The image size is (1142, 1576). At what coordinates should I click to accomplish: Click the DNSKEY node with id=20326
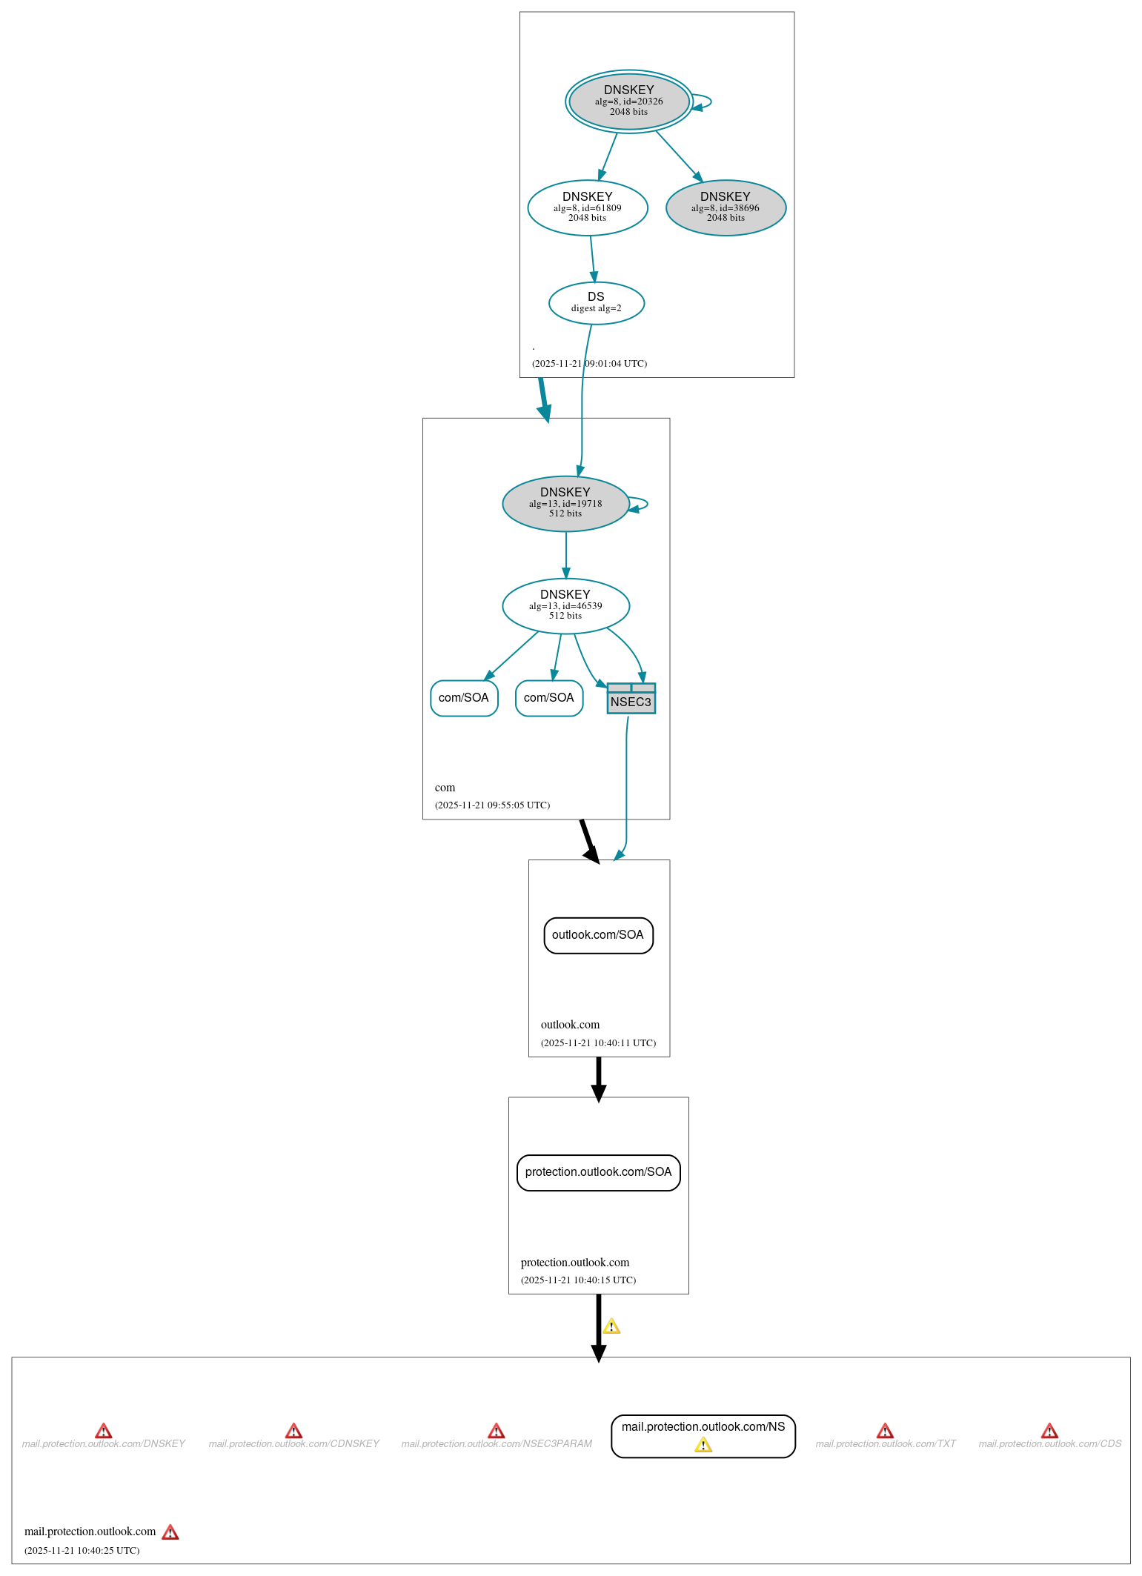coord(628,102)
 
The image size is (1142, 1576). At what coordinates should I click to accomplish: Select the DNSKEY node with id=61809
coord(587,207)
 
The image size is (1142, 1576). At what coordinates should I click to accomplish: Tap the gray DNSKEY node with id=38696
coord(726,207)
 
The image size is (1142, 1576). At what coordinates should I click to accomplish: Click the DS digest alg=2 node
coord(596,302)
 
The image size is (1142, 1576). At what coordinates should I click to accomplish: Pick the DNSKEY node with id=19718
coord(565,503)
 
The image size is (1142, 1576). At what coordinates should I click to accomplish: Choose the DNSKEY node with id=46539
coord(565,605)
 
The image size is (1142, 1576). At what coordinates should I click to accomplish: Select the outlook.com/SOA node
coord(598,935)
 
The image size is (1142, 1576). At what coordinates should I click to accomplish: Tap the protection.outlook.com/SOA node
coord(598,1172)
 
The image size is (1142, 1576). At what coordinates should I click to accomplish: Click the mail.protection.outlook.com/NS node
coord(703,1427)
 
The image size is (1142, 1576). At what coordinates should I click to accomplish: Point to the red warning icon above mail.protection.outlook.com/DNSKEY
coord(104,1431)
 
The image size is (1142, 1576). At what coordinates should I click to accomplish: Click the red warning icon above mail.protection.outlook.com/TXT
coord(885,1431)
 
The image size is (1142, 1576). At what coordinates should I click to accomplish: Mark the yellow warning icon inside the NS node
coord(703,1445)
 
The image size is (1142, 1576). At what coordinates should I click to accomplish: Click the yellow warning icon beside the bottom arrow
coord(611,1326)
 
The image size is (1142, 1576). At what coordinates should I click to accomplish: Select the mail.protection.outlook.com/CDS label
coord(1049,1444)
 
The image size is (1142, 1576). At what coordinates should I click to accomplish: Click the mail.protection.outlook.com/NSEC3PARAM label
coord(497,1444)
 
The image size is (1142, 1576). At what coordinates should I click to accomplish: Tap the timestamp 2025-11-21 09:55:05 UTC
coord(492,805)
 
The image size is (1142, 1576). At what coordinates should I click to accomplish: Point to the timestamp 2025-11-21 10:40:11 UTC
coord(598,1043)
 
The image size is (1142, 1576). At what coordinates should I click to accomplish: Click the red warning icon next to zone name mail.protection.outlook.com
coord(170,1532)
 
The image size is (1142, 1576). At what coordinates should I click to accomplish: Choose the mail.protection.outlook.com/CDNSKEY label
coord(293,1444)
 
